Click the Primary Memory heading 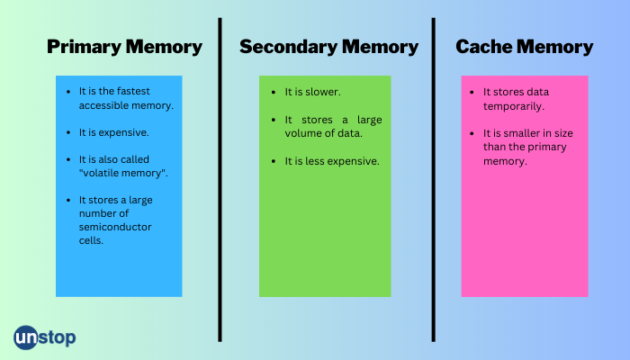(124, 47)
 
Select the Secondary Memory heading (328, 47)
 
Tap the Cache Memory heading (524, 47)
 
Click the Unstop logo (45, 337)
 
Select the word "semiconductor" (115, 227)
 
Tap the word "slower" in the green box (324, 92)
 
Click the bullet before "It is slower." (274, 92)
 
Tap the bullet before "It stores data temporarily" (473, 92)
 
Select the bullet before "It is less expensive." (274, 161)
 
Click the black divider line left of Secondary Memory (220, 180)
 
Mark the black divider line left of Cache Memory (433, 180)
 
